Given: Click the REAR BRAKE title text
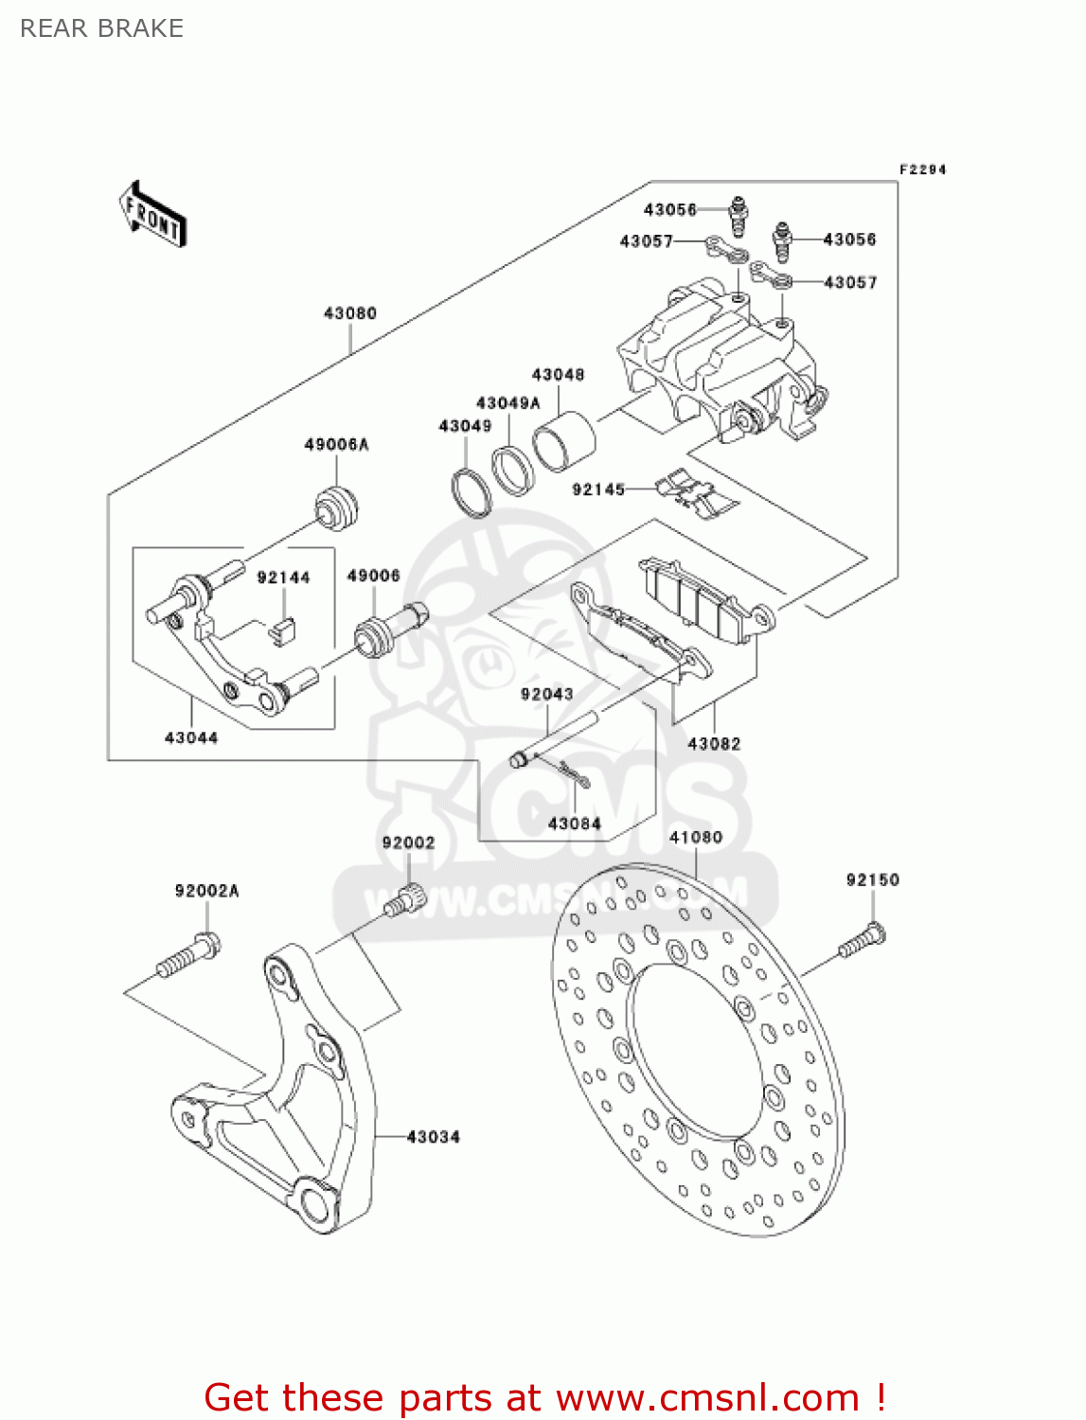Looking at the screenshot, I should coord(101,28).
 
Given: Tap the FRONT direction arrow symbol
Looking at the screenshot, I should coord(152,215).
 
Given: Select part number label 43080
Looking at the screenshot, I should coord(350,313).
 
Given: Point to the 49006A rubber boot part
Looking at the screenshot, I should coord(336,507).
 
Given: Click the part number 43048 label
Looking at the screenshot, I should coord(558,375).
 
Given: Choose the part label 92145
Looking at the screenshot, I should coord(598,489).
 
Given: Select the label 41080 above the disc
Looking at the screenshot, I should coord(696,838).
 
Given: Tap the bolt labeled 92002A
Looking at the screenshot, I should coord(188,954).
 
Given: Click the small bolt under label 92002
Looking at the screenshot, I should coord(405,899).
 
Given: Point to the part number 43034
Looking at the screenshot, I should coord(434,1137).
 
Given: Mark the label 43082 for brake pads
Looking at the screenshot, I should coord(714,744).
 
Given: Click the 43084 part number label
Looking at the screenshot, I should coord(575,824).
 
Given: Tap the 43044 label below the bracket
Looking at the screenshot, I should coord(191,737).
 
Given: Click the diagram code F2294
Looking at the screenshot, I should coord(922,169).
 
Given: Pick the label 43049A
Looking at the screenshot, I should coord(507,403).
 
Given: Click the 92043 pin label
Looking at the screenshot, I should coord(547,694).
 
